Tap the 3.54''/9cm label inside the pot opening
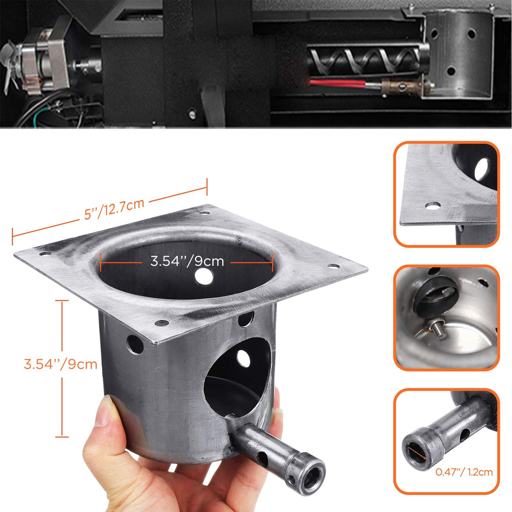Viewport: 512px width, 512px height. tap(187, 261)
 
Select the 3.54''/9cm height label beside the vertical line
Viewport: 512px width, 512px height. tap(61, 364)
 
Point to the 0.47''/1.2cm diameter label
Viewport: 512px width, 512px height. tap(464, 472)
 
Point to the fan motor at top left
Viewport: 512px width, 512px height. tap(38, 65)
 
